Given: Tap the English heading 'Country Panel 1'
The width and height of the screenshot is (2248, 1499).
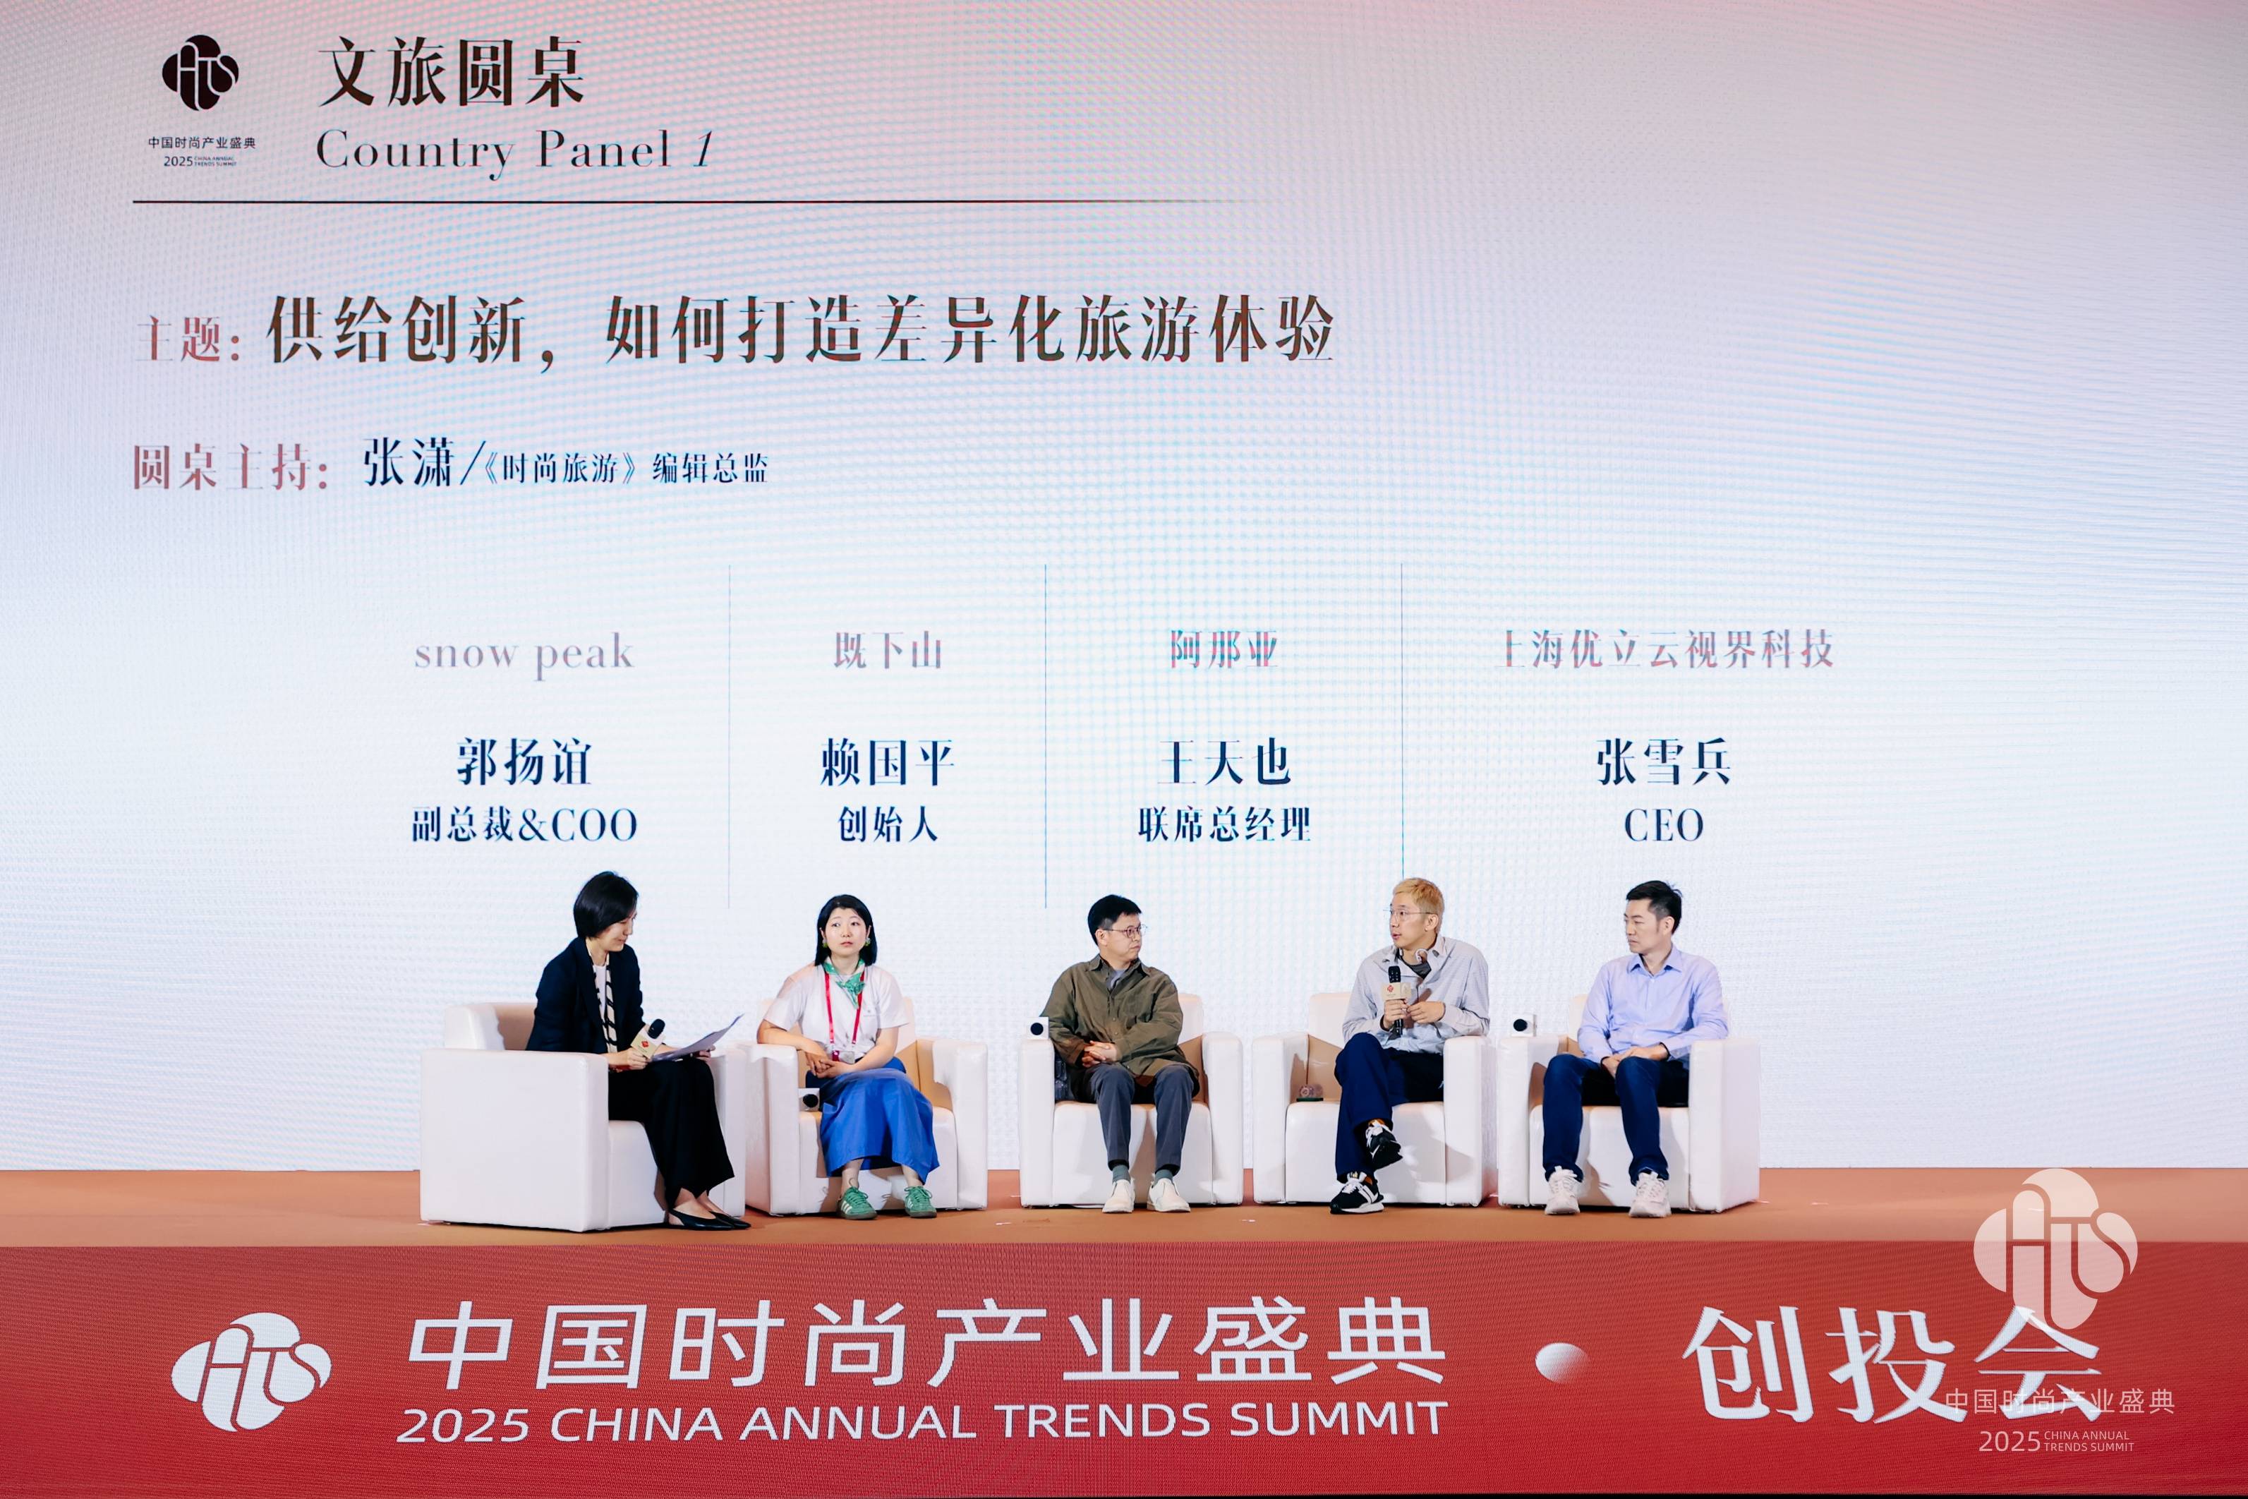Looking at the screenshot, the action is point(514,150).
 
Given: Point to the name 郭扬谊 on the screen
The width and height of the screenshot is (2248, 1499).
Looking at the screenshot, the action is point(524,763).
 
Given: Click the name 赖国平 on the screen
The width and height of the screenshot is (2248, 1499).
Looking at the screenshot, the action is point(887,763).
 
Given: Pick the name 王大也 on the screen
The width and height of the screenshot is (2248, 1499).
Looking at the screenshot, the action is point(1224,763).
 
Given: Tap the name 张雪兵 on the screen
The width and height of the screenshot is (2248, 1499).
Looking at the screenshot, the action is point(1663,763).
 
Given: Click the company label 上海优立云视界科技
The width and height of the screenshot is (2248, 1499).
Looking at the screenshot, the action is point(1666,650).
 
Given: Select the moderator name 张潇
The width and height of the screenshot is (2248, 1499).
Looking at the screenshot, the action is point(408,464).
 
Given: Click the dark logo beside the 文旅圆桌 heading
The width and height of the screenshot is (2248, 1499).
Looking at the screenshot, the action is point(200,73).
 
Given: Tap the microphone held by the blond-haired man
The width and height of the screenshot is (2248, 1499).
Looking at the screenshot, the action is point(1396,998).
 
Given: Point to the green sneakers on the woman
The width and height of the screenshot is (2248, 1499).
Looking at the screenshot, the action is point(887,1200).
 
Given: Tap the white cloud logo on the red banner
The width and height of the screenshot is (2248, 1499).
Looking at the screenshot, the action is point(251,1371).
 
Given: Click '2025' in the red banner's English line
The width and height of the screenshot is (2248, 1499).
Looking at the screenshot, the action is point(463,1424).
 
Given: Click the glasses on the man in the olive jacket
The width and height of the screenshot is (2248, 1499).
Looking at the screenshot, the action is point(1121,930).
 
